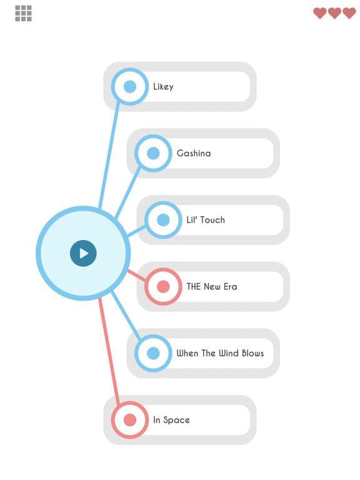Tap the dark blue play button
click(83, 253)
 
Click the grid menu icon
click(23, 14)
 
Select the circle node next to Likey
click(130, 87)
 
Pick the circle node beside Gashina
click(153, 153)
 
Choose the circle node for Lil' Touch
click(163, 220)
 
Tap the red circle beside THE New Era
click(163, 286)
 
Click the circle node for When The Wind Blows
click(153, 353)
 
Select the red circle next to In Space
click(130, 420)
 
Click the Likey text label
click(163, 87)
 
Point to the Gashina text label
click(194, 153)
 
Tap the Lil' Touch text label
click(206, 220)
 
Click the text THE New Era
click(212, 286)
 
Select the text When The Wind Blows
click(220, 353)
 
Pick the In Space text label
click(171, 420)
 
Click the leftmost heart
click(320, 13)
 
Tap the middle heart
click(334, 13)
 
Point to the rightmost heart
click(349, 13)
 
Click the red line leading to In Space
click(109, 351)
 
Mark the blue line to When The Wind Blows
click(126, 315)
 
